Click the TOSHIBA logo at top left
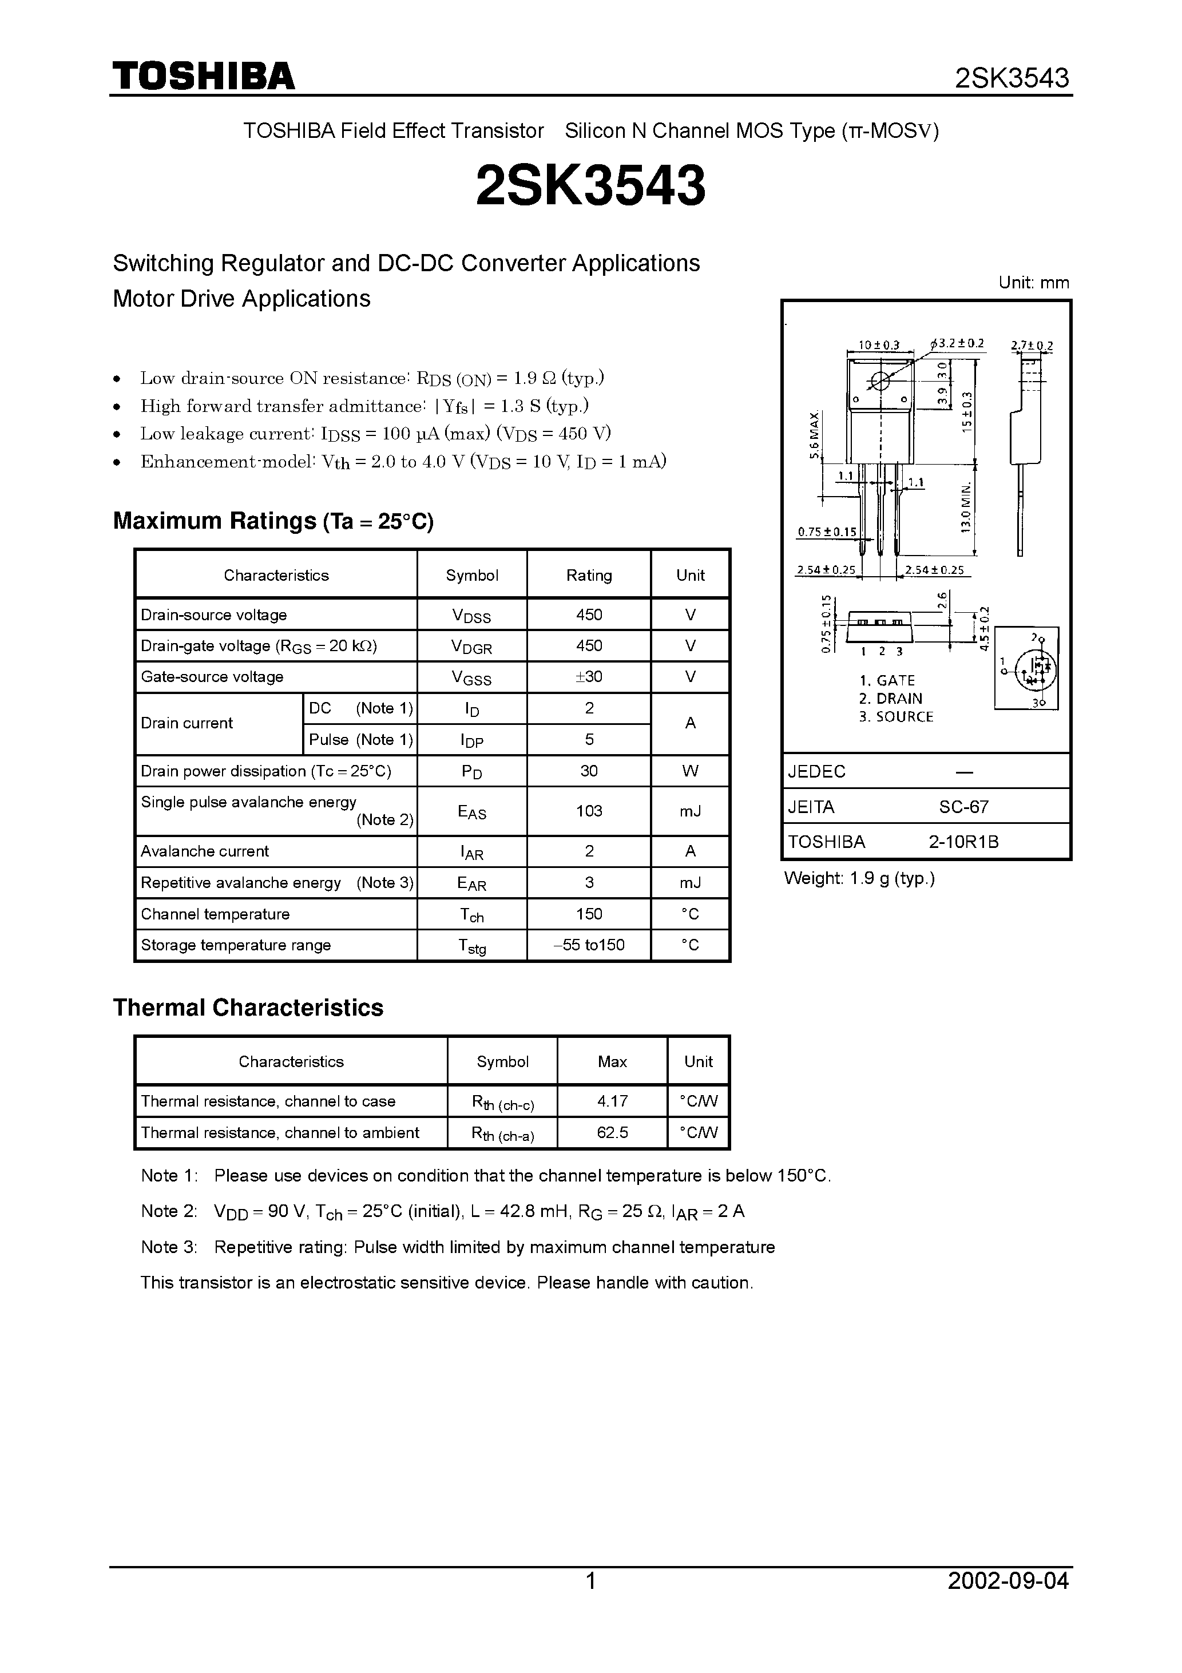pos(203,76)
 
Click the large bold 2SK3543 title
pos(590,185)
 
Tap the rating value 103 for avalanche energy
pos(589,811)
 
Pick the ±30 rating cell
pos(589,677)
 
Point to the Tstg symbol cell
pos(471,946)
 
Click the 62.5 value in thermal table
pos(612,1133)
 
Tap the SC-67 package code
pos(963,807)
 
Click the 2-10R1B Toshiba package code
pos(963,842)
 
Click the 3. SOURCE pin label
pos(895,717)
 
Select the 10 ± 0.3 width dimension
pos(878,344)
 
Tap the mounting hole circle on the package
pos(880,380)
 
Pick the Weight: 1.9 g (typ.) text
pos(859,879)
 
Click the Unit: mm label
pos(1033,283)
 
